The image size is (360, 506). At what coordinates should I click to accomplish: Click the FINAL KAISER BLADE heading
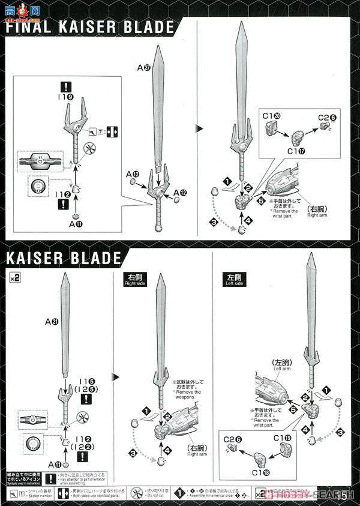[90, 28]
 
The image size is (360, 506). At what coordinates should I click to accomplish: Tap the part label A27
[143, 68]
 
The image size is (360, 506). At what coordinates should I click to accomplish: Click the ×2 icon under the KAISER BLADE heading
[13, 277]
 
